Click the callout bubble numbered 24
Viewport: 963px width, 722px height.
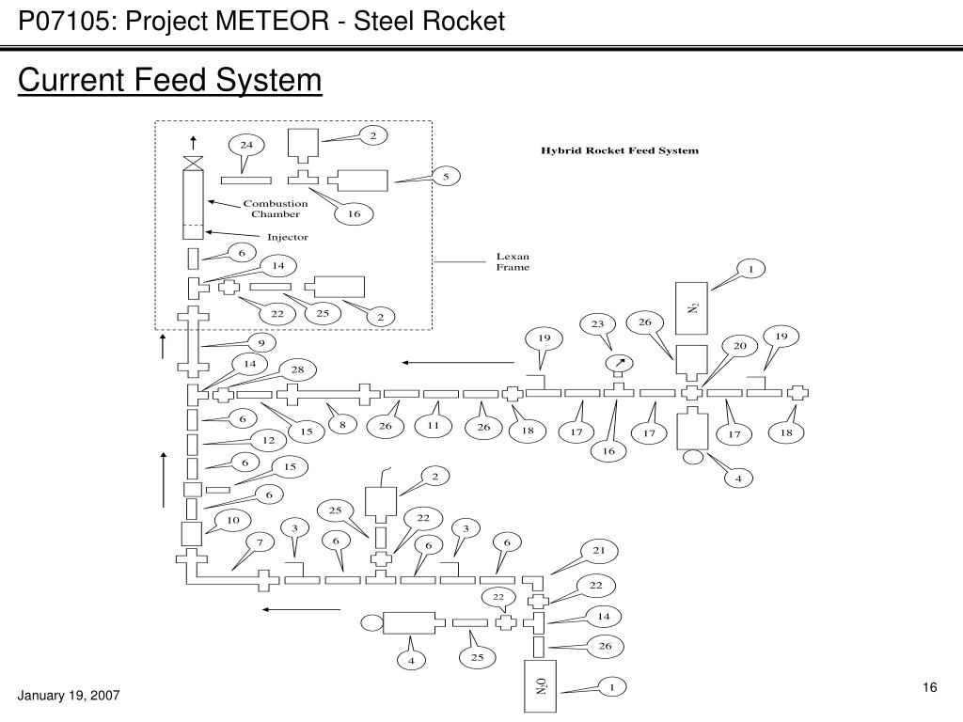pyautogui.click(x=246, y=146)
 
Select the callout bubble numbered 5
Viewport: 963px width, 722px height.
pyautogui.click(x=446, y=177)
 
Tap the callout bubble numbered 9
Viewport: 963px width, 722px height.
pyautogui.click(x=261, y=343)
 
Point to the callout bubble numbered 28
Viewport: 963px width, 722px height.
pyautogui.click(x=297, y=369)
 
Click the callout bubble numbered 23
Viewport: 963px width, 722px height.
pyautogui.click(x=597, y=324)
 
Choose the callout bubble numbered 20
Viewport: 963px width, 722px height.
pyautogui.click(x=739, y=346)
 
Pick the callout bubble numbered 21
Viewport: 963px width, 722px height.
pyautogui.click(x=599, y=551)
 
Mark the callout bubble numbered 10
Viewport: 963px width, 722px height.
pyautogui.click(x=233, y=521)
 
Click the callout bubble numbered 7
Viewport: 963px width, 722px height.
pyautogui.click(x=260, y=542)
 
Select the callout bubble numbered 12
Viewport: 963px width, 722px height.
pyautogui.click(x=268, y=440)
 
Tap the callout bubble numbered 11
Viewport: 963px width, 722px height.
pyautogui.click(x=434, y=426)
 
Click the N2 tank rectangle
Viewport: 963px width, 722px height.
pyautogui.click(x=691, y=308)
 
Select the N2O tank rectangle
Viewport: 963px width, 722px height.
pyautogui.click(x=540, y=686)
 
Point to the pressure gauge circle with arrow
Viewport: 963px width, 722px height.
pyautogui.click(x=620, y=364)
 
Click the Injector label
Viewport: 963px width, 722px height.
pyautogui.click(x=288, y=237)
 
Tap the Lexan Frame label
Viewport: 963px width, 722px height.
pyautogui.click(x=513, y=261)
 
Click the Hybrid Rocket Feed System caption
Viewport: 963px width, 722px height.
pyautogui.click(x=620, y=150)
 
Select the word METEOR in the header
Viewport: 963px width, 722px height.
pyautogui.click(x=272, y=22)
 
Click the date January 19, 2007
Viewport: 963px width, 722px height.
pyautogui.click(x=68, y=696)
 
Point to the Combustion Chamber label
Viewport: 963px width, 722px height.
pyautogui.click(x=276, y=209)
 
